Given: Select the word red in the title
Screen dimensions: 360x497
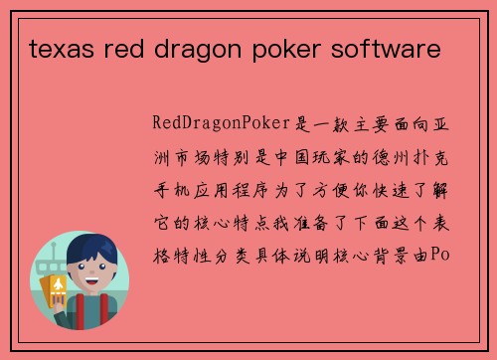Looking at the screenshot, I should pos(122,46).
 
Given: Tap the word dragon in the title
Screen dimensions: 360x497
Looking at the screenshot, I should pos(190,46).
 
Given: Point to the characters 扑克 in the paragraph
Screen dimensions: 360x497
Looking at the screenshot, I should pos(435,157).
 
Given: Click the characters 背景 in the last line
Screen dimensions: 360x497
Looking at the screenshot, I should pos(393,255).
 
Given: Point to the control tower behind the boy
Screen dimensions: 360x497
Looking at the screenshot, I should pos(50,269).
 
